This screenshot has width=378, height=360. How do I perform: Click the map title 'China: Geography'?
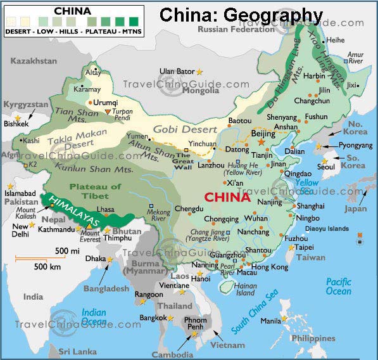(x=241, y=15)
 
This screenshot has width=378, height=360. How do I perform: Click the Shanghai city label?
(x=310, y=207)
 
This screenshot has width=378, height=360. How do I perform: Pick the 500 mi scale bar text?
(x=68, y=251)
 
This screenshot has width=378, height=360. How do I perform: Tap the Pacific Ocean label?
(x=338, y=286)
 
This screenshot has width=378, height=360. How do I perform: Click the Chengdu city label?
(x=189, y=209)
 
